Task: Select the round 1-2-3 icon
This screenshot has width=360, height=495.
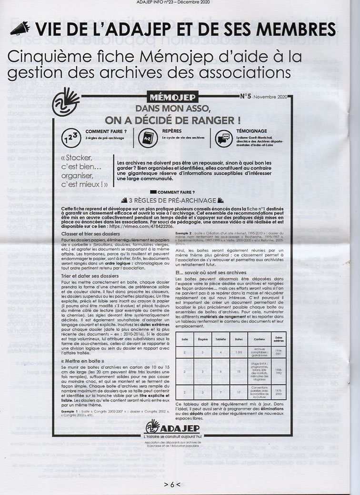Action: coord(71,138)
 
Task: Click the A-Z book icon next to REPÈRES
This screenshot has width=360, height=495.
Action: coord(146,137)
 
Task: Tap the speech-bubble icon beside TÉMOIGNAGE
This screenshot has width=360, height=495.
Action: coord(222,137)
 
